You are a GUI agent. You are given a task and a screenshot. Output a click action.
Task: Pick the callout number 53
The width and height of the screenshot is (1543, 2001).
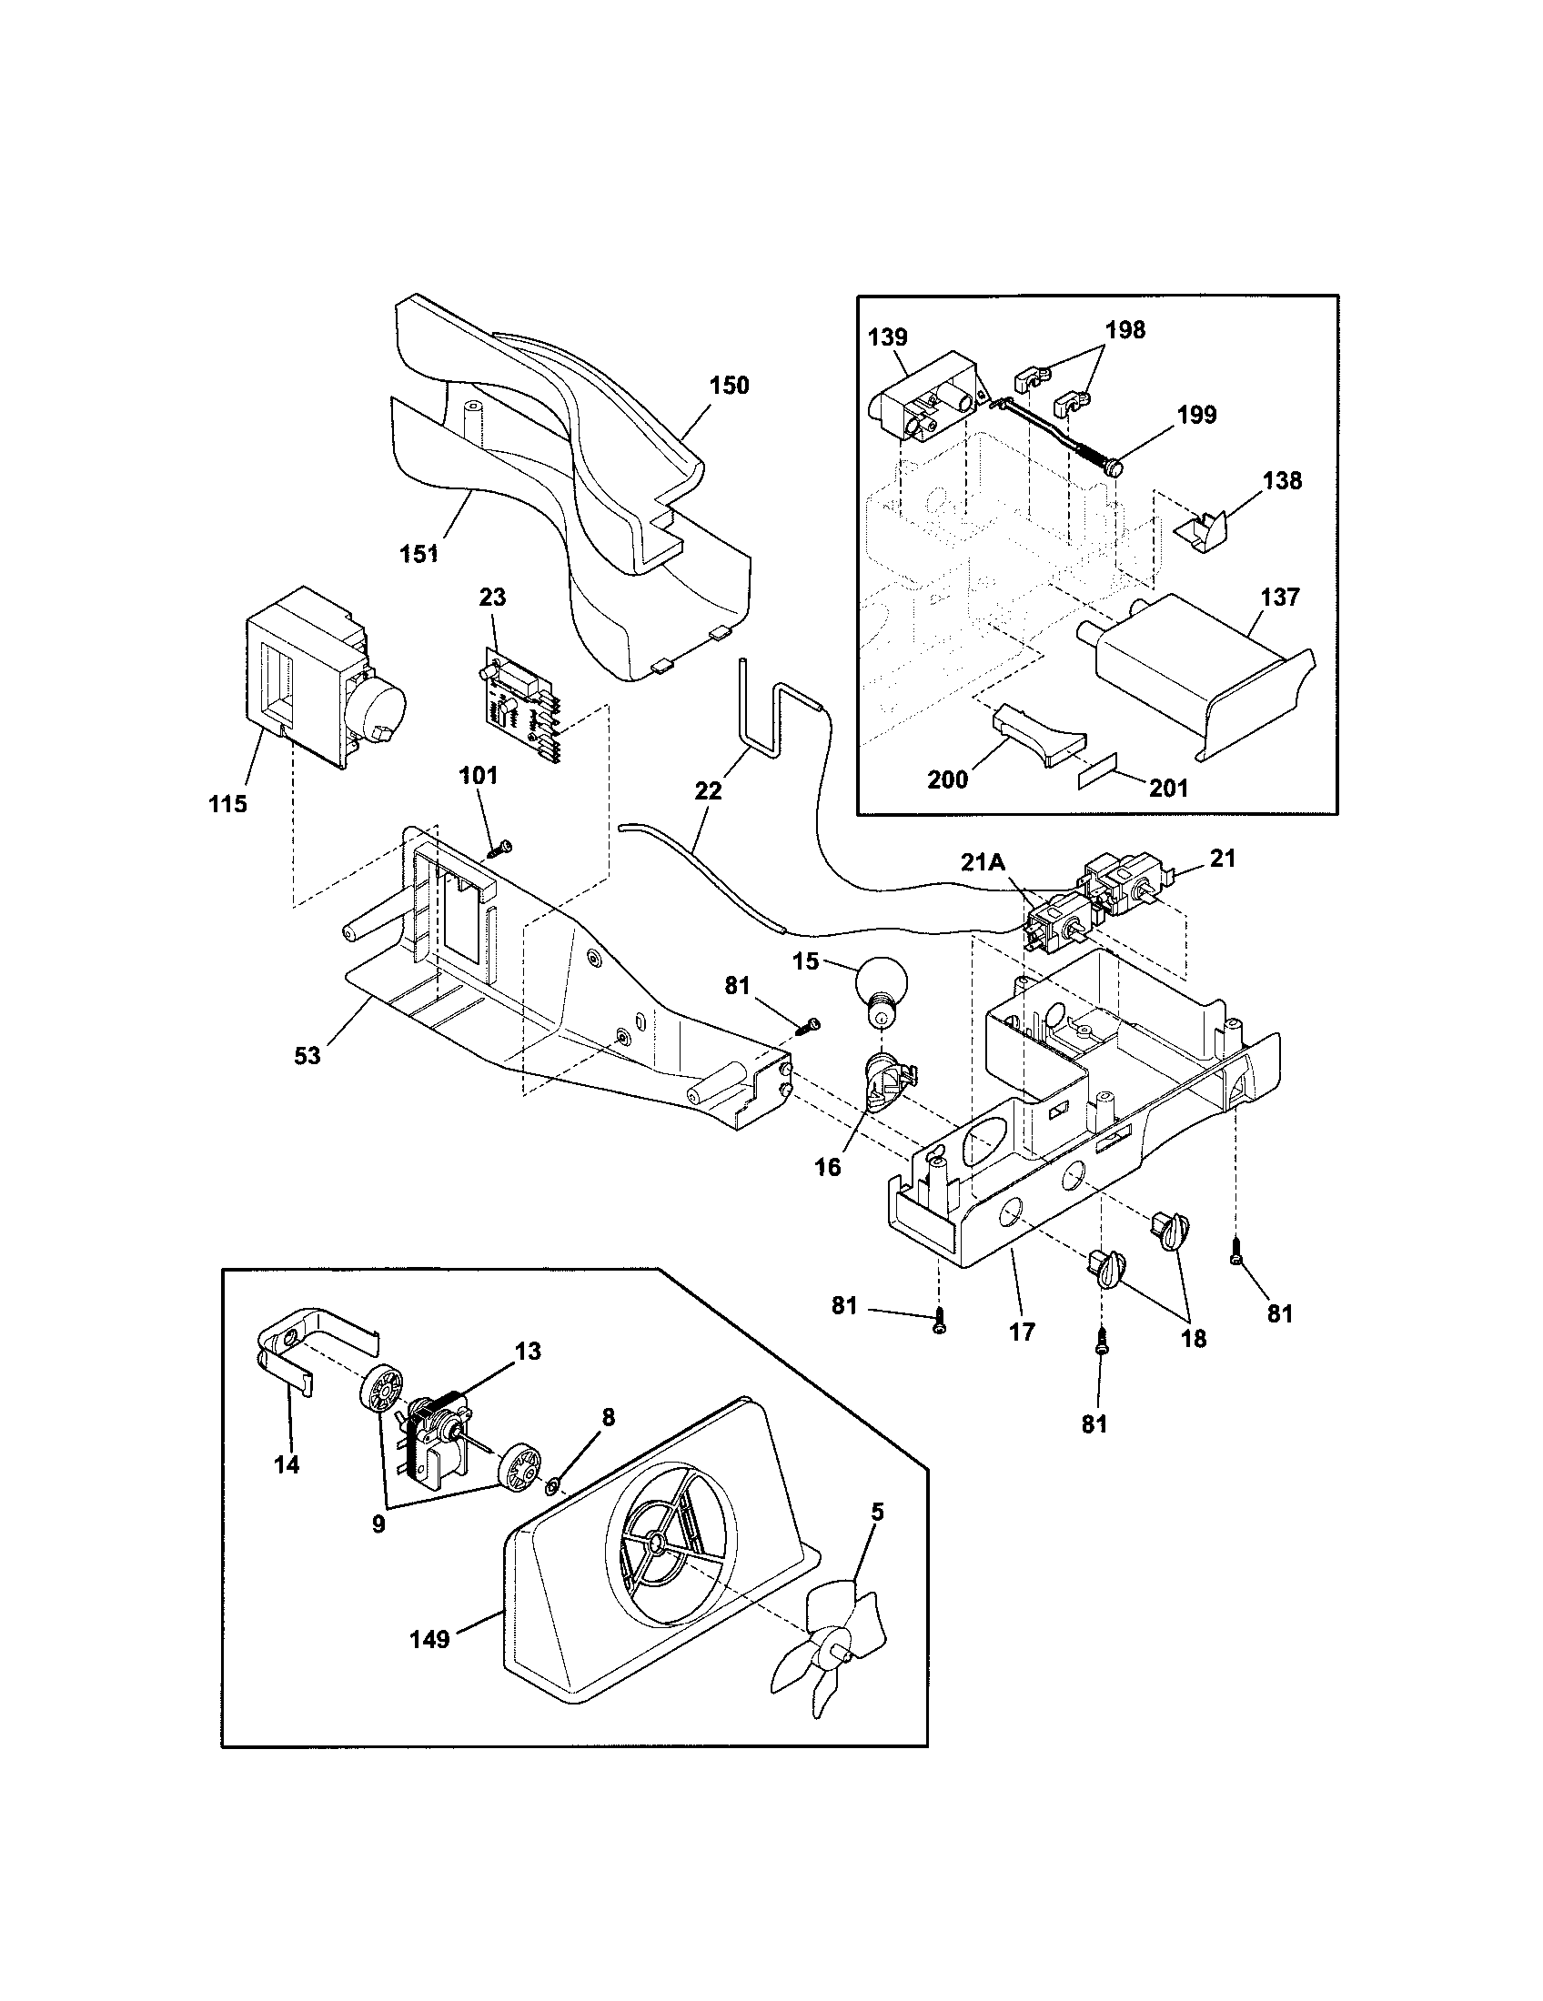308,1055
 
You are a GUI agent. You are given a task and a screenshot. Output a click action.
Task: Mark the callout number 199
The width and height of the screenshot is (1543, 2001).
1196,416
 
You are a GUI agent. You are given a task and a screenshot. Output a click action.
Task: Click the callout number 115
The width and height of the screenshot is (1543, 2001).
227,804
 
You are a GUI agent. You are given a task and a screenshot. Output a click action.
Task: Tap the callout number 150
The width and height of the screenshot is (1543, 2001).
729,386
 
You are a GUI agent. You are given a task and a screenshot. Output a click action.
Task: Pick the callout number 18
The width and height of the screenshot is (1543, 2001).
1193,1339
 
